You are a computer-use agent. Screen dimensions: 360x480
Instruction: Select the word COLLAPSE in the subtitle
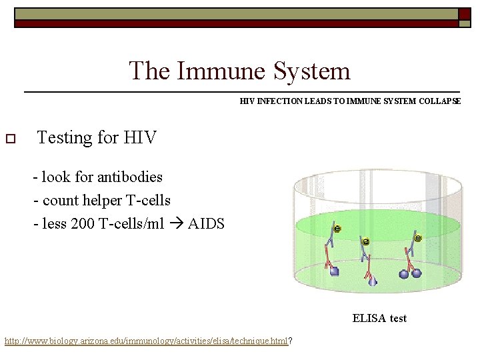438,101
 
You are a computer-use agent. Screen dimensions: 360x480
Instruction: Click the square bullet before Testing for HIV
10,139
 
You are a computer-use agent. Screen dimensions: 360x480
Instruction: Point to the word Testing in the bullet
65,138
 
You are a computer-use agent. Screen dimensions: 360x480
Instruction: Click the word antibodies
129,177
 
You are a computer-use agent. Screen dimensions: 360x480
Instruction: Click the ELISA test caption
379,319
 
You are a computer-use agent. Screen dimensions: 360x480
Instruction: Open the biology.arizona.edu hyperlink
146,341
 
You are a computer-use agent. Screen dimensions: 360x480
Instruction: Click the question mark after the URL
291,341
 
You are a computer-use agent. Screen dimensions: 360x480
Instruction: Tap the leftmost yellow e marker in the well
337,229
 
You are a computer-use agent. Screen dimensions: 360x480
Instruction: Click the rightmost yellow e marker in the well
418,238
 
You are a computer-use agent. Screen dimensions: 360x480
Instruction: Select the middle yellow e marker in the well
365,241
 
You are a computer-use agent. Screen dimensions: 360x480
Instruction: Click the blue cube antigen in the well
335,271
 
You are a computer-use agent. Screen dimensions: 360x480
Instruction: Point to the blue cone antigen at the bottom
373,281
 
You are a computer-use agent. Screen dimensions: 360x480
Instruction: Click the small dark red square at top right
464,13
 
